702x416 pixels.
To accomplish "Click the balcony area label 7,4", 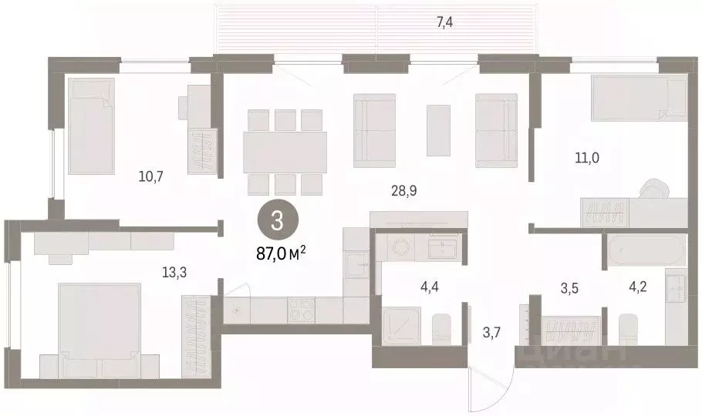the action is coord(444,22).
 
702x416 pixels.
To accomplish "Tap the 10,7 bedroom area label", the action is coord(151,176).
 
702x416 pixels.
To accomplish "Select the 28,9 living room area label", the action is coord(403,191).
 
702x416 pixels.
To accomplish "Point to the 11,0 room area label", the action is coord(587,157).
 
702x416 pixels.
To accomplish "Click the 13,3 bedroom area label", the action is coord(174,272).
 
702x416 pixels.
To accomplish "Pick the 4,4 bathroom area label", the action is coord(428,287).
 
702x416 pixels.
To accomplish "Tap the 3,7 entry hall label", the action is coord(491,333).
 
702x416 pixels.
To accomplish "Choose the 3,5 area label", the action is coord(569,288).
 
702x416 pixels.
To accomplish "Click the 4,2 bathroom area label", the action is coord(637,287).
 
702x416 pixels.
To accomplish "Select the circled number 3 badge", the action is coord(278,221).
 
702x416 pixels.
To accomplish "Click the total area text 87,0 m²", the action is coord(281,253).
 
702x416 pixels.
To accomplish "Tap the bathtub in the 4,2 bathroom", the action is coord(646,251).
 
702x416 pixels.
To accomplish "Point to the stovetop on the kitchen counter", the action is coord(302,310).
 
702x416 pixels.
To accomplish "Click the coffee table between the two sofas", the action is coord(438,130).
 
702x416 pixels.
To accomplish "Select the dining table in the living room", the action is coord(285,152).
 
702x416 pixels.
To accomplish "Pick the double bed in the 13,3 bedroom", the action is coord(100,330).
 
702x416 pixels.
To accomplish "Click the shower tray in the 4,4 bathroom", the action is coord(402,325).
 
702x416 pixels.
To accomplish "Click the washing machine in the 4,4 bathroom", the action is coord(399,247).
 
